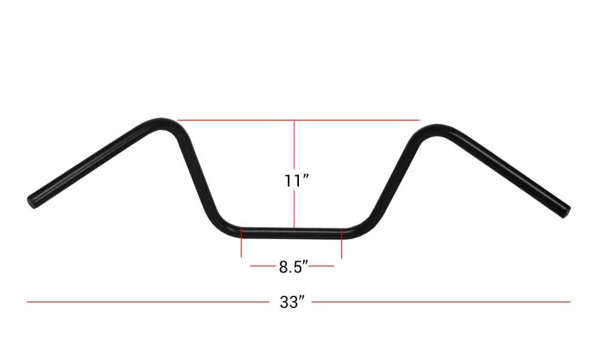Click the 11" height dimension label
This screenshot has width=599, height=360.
296,180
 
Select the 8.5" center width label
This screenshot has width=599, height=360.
293,267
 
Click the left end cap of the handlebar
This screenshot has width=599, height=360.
32,201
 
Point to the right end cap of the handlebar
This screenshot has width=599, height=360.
566,211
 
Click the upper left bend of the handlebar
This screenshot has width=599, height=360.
162,124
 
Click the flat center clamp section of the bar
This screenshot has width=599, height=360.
292,234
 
